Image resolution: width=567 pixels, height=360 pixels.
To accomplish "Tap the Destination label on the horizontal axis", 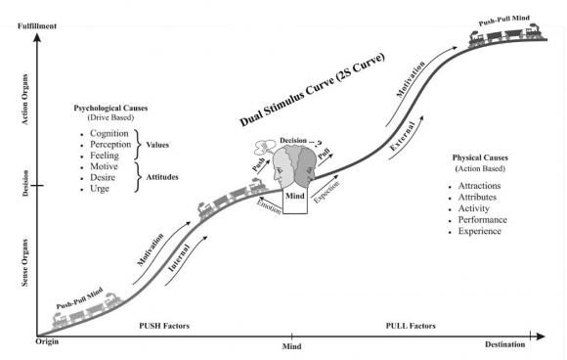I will click(507, 345).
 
